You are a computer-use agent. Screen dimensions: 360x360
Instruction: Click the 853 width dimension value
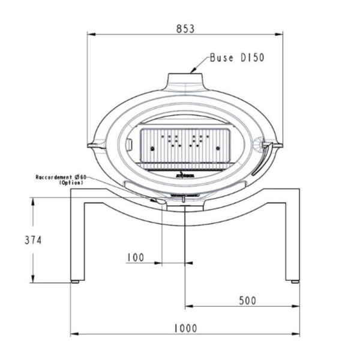click(185, 28)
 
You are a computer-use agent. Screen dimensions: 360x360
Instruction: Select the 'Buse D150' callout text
click(237, 58)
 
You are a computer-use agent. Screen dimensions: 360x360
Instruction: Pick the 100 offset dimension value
click(136, 257)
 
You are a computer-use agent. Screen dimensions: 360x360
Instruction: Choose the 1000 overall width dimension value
click(185, 328)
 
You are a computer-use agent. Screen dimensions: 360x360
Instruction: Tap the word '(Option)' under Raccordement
click(71, 183)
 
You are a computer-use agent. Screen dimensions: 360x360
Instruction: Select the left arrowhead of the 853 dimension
click(92, 34)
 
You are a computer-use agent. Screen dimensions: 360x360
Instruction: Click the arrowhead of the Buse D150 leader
click(192, 71)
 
